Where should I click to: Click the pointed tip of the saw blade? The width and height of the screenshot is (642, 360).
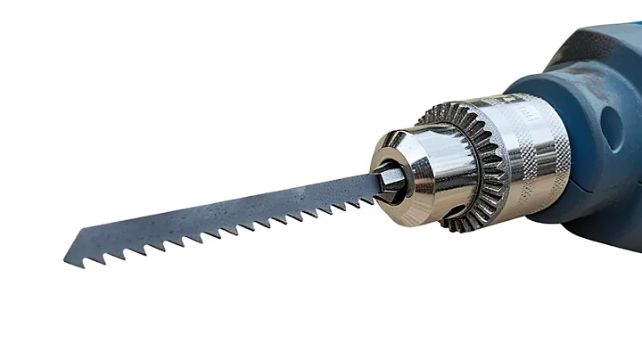(65, 264)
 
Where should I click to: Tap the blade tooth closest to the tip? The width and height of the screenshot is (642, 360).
(86, 259)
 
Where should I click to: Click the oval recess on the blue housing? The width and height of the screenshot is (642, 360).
(615, 125)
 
